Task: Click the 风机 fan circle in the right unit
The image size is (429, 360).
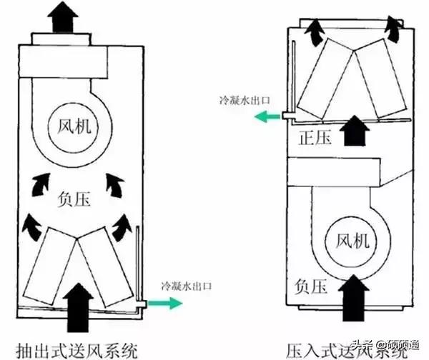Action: click(350, 244)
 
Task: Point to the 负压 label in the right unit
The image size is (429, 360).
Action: click(310, 286)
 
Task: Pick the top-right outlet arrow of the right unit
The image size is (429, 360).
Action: click(391, 29)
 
